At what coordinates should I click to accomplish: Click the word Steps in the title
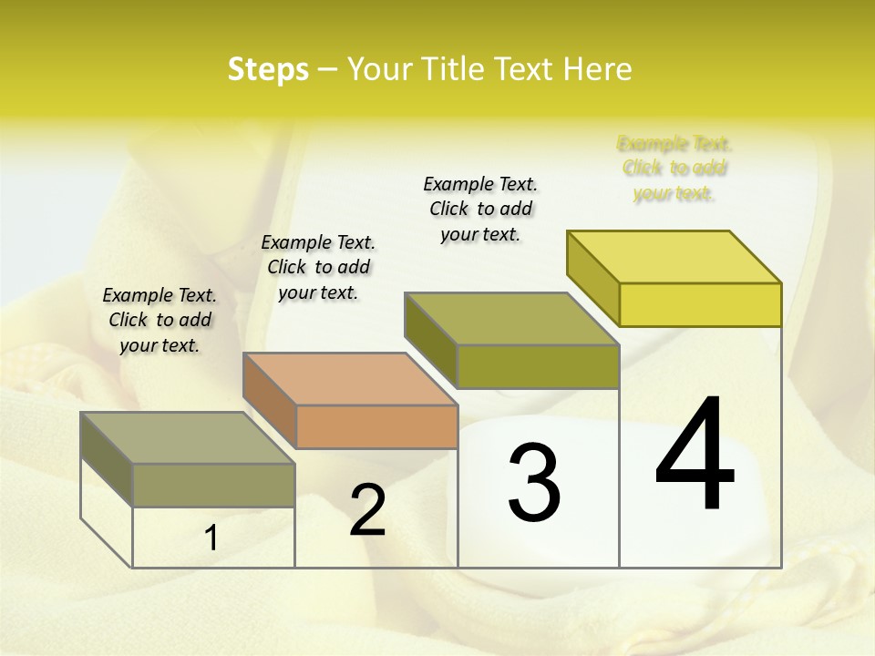[x=268, y=69]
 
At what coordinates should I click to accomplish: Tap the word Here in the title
[x=598, y=69]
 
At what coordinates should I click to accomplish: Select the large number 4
[x=695, y=456]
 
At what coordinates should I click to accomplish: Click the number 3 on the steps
[x=534, y=482]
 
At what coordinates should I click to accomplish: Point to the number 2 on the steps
[x=367, y=510]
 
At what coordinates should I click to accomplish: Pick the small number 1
[x=211, y=538]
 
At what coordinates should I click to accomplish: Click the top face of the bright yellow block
[x=674, y=257]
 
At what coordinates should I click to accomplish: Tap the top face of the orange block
[x=350, y=379]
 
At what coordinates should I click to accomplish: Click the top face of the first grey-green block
[x=188, y=438]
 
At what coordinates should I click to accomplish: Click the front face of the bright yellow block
[x=700, y=304]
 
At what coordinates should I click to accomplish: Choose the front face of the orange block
[x=377, y=426]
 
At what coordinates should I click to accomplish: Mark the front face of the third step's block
[x=538, y=366]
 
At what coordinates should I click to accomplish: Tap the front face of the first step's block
[x=213, y=485]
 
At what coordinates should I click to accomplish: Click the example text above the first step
[x=160, y=320]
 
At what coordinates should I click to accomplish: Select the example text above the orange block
[x=318, y=267]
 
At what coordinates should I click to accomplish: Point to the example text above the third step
[x=480, y=209]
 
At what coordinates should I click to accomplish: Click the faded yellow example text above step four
[x=674, y=169]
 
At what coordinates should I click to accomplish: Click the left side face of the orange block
[x=270, y=401]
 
